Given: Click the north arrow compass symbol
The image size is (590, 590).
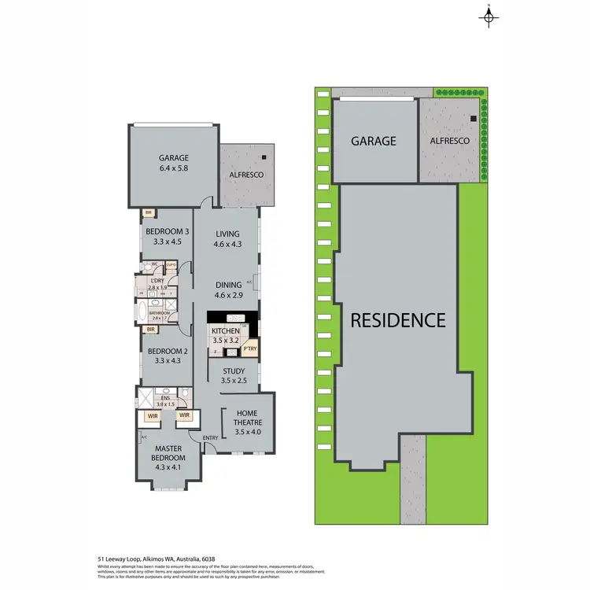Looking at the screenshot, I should pos(489,17).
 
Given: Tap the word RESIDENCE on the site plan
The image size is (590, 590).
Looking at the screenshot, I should pos(398,320).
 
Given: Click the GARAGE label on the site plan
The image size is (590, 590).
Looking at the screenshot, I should pos(373,142).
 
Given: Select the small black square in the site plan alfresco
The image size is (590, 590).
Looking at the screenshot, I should pos(473,119).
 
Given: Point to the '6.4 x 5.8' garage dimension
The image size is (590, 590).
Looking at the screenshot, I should pos(174,168).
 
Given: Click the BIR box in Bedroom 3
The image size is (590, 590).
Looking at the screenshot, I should pos(148,212).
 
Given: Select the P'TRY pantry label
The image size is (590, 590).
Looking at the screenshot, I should pos(250,348).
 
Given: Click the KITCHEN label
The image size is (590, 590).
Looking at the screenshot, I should pos(225,331).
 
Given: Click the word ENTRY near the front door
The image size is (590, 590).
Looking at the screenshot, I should pos(210,438).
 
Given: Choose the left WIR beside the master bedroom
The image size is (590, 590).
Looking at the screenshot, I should pos(154,415).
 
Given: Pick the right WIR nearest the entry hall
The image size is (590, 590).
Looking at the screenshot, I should pos(185,415).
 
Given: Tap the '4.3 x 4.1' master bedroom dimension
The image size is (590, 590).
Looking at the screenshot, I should pos(168,467).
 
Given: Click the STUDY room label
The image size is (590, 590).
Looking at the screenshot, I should pos(234,371).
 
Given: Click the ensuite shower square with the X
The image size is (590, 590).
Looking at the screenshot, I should pos(147,396).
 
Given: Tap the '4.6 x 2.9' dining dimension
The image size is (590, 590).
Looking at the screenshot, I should pos(228,296).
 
